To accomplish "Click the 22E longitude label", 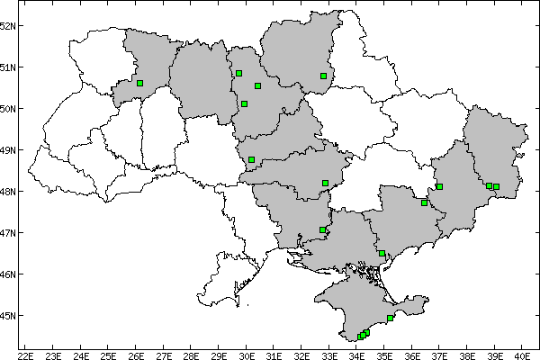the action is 25,354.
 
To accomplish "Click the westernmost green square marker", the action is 139,83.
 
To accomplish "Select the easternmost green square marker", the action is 496,186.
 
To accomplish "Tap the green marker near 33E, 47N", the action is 322,230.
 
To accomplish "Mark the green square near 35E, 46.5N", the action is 382,254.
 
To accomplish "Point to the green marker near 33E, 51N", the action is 323,76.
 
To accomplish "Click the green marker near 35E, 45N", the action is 390,318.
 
